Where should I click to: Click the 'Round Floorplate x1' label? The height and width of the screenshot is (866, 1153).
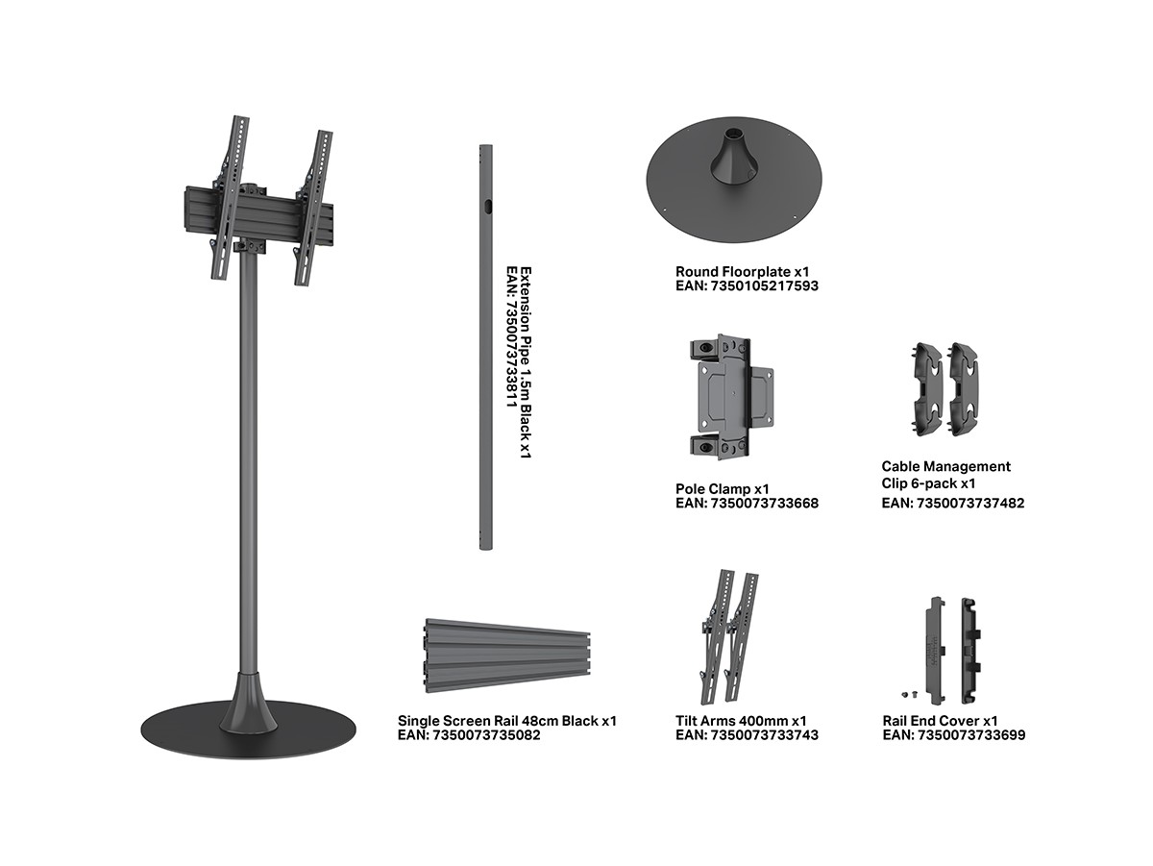pyautogui.click(x=742, y=272)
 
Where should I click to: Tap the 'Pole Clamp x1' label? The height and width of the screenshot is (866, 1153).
pyautogui.click(x=723, y=489)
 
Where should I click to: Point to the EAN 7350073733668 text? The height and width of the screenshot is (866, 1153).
pyautogui.click(x=747, y=504)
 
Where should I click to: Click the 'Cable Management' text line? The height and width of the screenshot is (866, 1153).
pyautogui.click(x=946, y=466)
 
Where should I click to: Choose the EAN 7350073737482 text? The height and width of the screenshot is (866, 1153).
pyautogui.click(x=953, y=504)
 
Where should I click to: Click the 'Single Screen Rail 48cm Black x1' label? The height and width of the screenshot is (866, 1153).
pyautogui.click(x=507, y=721)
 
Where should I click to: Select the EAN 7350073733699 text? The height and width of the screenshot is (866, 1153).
pyautogui.click(x=954, y=735)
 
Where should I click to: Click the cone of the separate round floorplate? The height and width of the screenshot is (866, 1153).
pyautogui.click(x=734, y=155)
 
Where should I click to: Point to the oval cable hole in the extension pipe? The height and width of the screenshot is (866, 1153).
pyautogui.click(x=488, y=207)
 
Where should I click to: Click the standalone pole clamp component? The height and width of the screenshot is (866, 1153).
pyautogui.click(x=731, y=397)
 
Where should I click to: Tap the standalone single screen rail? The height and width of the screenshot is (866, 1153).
pyautogui.click(x=507, y=656)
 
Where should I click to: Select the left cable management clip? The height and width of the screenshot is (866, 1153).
pyautogui.click(x=927, y=389)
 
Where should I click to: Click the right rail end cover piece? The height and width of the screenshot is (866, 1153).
pyautogui.click(x=971, y=650)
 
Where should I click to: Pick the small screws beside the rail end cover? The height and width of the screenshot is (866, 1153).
pyautogui.click(x=909, y=695)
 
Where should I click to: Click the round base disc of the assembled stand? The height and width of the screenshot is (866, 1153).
pyautogui.click(x=248, y=730)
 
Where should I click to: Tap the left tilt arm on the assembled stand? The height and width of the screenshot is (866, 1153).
pyautogui.click(x=230, y=197)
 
